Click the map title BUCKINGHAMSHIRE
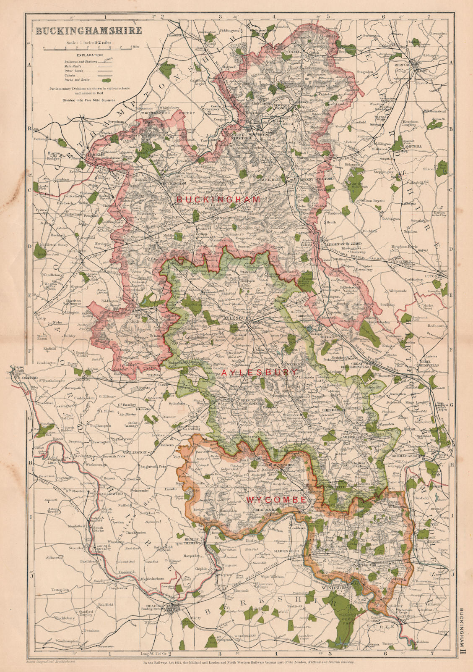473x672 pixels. click(x=88, y=31)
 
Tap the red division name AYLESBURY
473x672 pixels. click(x=260, y=373)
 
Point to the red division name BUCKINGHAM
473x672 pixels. click(x=218, y=199)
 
